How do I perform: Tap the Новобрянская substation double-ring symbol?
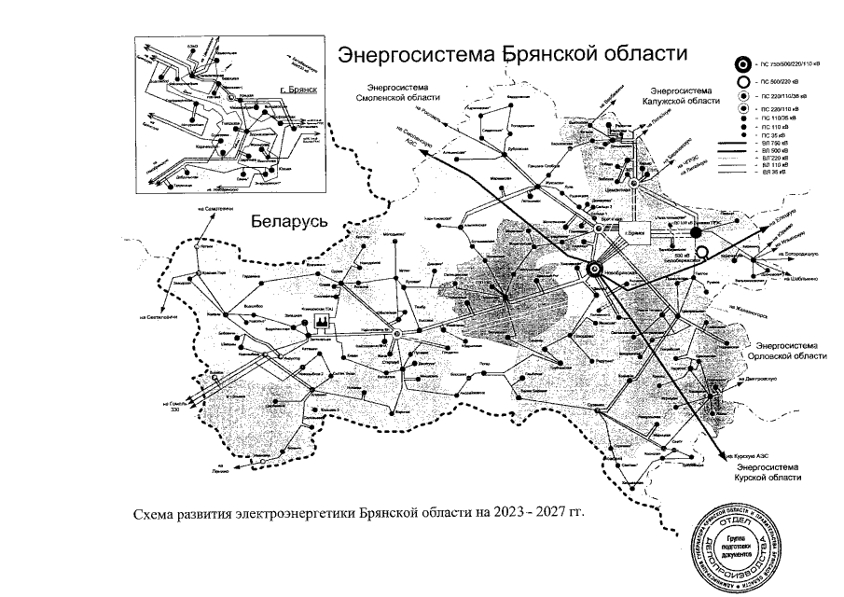(593, 270)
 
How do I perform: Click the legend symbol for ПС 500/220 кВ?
(743, 80)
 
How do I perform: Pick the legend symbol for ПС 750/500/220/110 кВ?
(743, 64)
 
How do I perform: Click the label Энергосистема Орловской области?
(791, 350)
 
